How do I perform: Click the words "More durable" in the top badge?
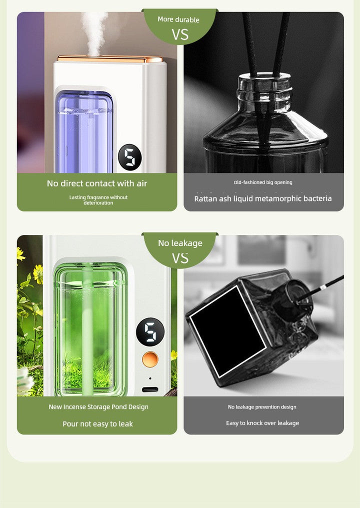(178, 19)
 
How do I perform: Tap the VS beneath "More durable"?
(180, 34)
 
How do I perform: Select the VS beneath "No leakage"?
(180, 258)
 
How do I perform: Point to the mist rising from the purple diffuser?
(94, 30)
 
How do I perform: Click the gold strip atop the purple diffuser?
(110, 59)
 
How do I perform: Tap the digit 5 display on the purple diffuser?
(129, 156)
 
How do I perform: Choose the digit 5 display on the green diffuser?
(150, 330)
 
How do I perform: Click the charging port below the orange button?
(150, 389)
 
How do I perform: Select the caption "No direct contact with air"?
(97, 183)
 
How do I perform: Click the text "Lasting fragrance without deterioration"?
(98, 200)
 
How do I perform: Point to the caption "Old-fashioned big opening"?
(263, 182)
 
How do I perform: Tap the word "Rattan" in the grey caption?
(206, 198)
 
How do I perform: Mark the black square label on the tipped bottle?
(228, 330)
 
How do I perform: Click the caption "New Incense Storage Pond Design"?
(98, 407)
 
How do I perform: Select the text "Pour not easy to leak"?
(97, 423)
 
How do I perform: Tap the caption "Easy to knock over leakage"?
(262, 423)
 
